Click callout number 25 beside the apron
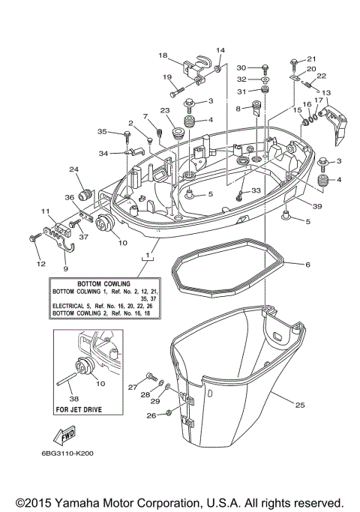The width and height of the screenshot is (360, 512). (x=299, y=406)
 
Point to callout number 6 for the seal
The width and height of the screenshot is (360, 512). (x=307, y=264)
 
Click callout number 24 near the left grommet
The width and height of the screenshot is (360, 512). (x=74, y=169)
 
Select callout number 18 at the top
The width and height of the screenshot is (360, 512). (x=163, y=55)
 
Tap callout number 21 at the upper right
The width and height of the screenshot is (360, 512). (x=312, y=58)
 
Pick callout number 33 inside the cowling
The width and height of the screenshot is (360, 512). (x=255, y=191)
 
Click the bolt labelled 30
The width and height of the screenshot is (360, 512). (x=265, y=67)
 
